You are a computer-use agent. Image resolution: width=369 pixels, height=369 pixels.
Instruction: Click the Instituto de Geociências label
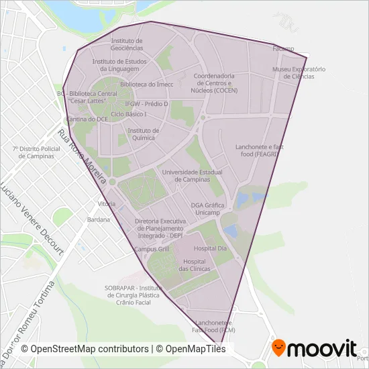[x=127, y=44]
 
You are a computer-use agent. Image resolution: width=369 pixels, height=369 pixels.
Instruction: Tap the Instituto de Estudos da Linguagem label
[x=119, y=65]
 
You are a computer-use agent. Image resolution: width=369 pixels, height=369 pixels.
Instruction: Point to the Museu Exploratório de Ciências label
[x=299, y=72]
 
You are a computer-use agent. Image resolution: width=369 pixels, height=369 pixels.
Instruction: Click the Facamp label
[x=283, y=48]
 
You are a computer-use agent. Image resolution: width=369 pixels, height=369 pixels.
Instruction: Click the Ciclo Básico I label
[x=129, y=115]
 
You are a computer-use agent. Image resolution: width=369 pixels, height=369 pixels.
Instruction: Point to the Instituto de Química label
[x=143, y=134]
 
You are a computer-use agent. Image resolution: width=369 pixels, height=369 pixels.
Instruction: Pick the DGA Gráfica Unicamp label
[x=205, y=209]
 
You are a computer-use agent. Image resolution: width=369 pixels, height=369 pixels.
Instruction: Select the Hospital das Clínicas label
[x=195, y=265]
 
